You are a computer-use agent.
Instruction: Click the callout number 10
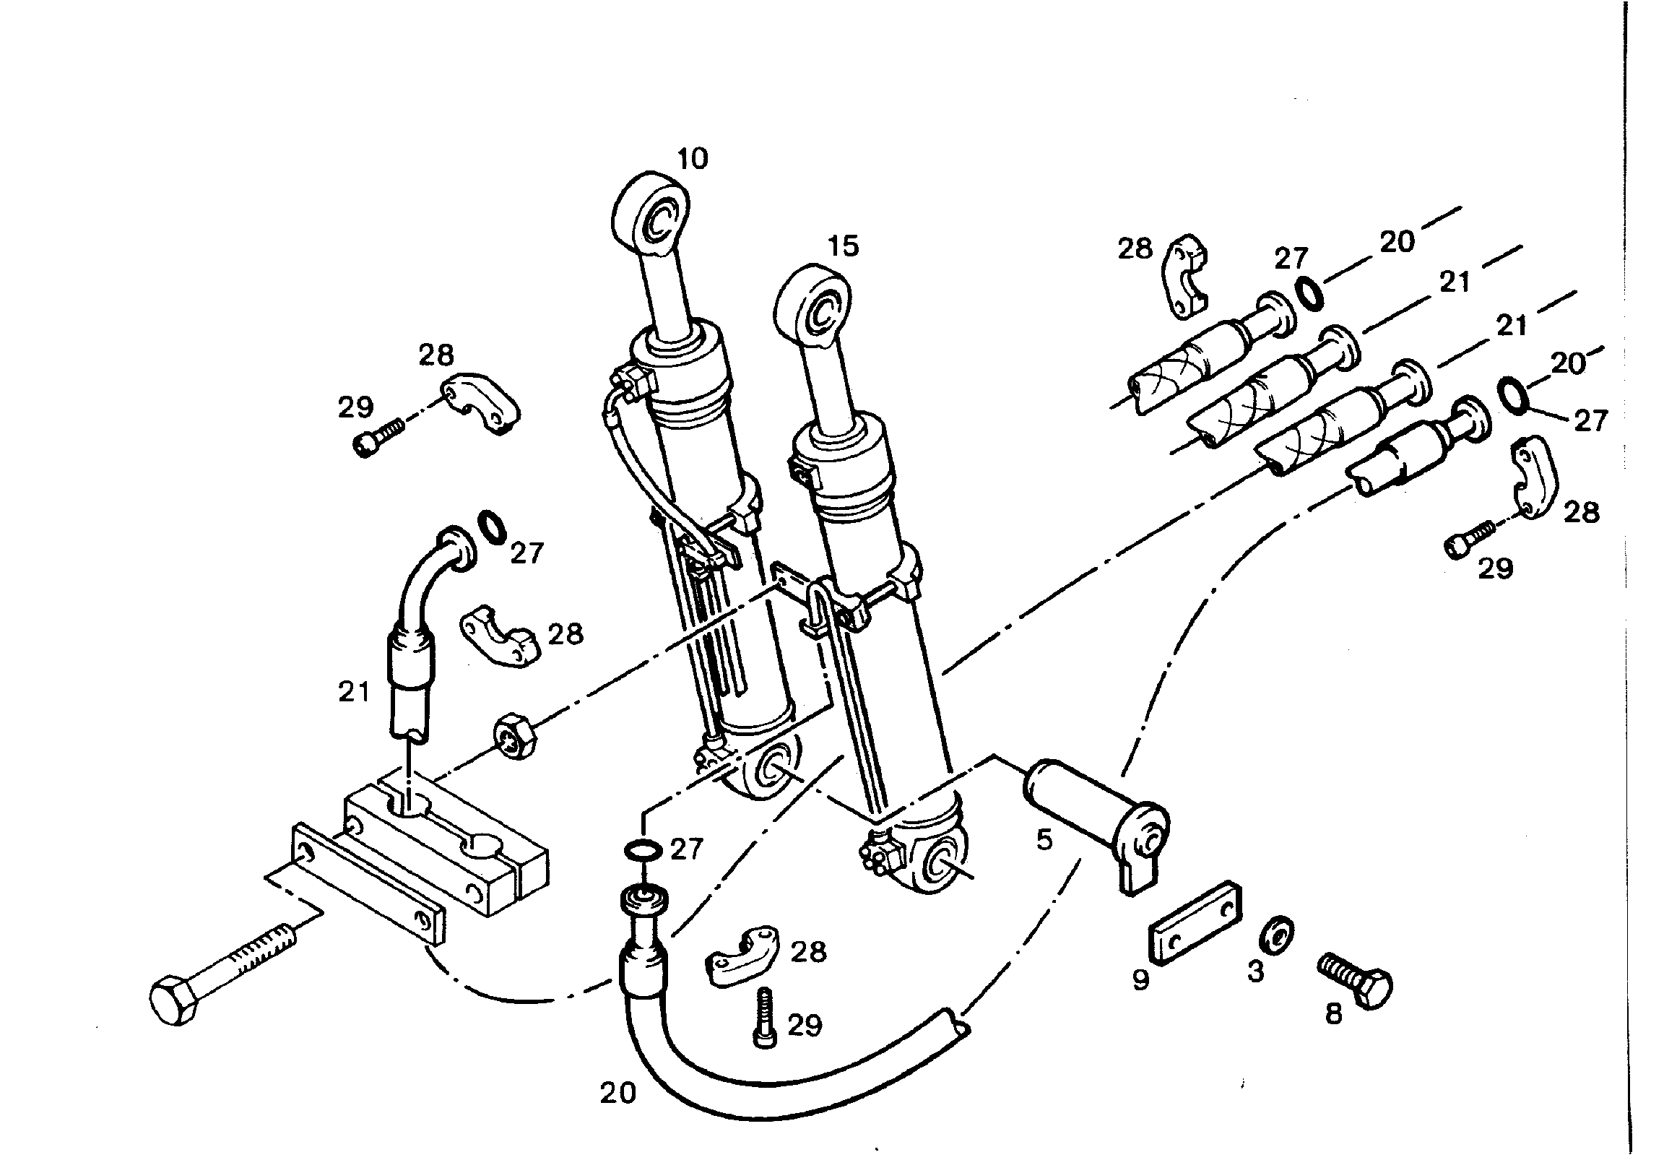coord(692,158)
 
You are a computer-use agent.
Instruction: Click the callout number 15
coord(844,246)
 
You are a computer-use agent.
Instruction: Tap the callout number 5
coord(1044,840)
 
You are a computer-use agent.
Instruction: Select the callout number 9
coord(1140,980)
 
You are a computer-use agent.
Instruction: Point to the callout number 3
coord(1256,971)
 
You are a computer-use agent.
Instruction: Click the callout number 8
coord(1333,1014)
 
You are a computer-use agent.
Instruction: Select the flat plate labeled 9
coord(1194,923)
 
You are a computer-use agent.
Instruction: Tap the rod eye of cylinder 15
coord(813,305)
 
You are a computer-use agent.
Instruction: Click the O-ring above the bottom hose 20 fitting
coord(642,849)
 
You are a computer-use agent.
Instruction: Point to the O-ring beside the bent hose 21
coord(493,527)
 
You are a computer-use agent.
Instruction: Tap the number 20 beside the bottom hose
coord(618,1092)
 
